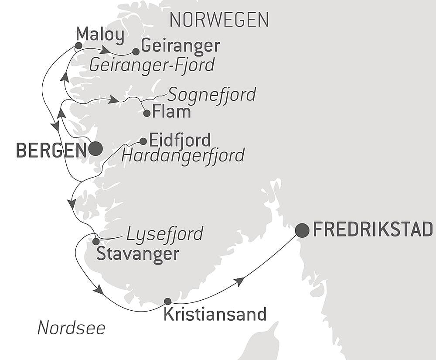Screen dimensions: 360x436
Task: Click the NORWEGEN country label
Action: (x=219, y=20)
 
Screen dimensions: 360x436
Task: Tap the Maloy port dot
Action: (x=78, y=45)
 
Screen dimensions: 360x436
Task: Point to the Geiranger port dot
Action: (x=136, y=52)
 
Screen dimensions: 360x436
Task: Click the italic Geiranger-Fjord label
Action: (x=152, y=65)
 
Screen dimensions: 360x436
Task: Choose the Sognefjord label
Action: (x=211, y=94)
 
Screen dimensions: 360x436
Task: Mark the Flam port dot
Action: (x=147, y=113)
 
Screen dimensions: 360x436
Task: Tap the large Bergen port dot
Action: (x=95, y=149)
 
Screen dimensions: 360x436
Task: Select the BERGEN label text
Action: (x=51, y=151)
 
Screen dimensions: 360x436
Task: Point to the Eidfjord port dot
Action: (x=143, y=141)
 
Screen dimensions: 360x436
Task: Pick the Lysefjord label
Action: (x=164, y=234)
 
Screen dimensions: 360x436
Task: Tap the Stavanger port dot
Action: (x=96, y=241)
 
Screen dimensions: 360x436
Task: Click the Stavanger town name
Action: (x=138, y=254)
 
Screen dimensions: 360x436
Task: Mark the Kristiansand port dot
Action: (x=167, y=301)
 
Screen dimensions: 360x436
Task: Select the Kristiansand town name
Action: (x=215, y=314)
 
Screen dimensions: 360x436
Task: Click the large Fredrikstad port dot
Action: (x=302, y=230)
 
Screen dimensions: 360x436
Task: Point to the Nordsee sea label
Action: (x=72, y=328)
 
